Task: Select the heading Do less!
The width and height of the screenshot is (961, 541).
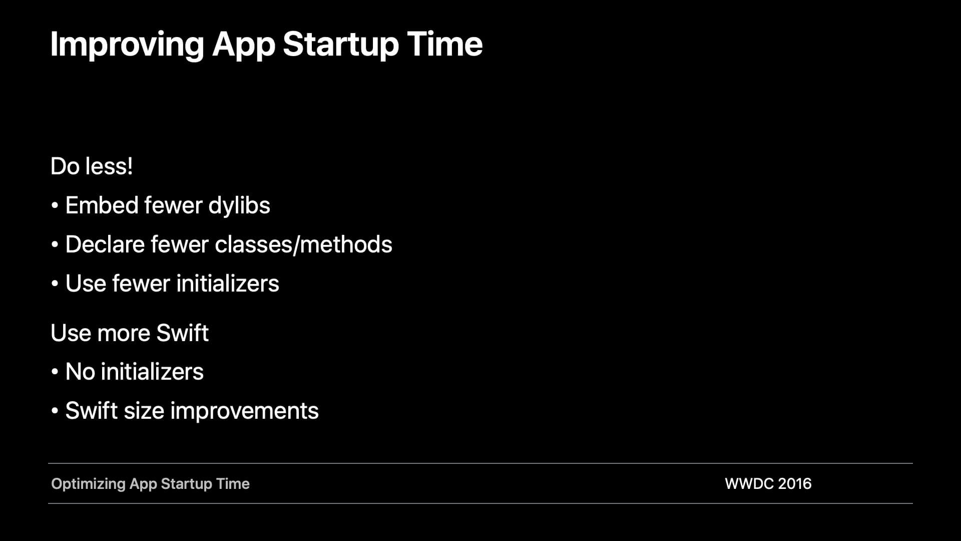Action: coord(92,166)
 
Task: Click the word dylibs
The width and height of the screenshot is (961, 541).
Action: coord(239,206)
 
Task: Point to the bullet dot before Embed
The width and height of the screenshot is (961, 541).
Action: coord(55,206)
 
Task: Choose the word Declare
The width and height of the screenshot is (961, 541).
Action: coord(105,244)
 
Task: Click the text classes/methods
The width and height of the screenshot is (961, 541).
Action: coord(303,245)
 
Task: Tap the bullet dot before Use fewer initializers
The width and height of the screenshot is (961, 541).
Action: coord(55,284)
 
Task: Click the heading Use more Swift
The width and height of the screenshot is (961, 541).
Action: coord(130,333)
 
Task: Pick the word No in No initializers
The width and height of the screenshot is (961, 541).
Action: coord(80,372)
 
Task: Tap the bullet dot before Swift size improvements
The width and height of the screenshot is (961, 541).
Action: coord(55,411)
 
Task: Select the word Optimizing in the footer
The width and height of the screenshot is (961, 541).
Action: coord(88,484)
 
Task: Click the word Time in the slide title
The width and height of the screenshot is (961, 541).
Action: coord(445,44)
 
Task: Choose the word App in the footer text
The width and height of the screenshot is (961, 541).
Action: coord(143,484)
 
